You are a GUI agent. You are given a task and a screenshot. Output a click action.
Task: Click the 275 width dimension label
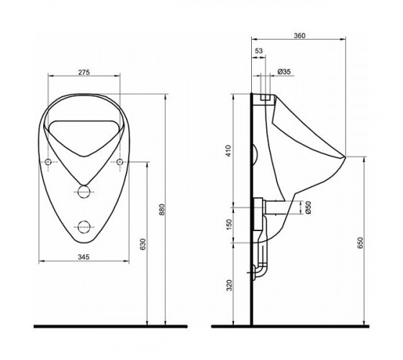point(84,72)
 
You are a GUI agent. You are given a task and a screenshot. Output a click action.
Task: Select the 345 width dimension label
point(83,256)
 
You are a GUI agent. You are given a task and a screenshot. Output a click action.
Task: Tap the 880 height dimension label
point(162,210)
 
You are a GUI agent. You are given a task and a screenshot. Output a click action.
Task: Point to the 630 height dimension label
point(143,244)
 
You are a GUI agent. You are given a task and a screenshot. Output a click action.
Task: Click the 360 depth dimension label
point(299,35)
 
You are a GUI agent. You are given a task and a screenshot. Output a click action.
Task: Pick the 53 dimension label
point(259,51)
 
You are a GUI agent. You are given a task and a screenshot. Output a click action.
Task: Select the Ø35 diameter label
point(284,71)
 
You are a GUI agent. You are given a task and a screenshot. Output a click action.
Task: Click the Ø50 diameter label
point(309,207)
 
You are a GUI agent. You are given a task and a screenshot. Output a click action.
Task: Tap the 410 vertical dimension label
point(229,151)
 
